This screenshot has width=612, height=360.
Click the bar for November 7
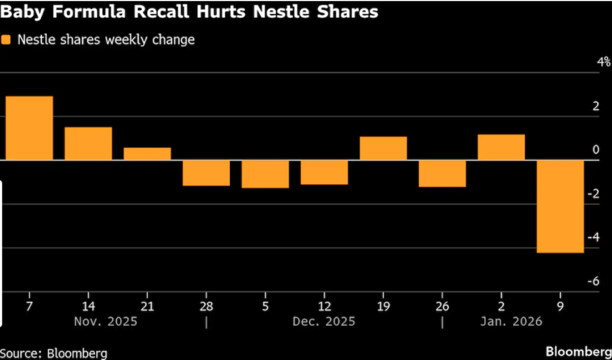tap(29, 128)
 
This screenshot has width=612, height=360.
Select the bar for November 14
tap(88, 144)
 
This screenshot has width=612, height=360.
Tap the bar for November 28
tap(206, 173)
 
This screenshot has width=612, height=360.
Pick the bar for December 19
tap(383, 148)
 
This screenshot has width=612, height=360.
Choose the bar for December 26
tap(442, 173)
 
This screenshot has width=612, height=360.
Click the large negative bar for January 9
tap(560, 206)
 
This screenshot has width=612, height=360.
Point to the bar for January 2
tap(501, 147)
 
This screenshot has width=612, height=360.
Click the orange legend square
tap(7, 40)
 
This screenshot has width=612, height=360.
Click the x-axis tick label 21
tap(147, 306)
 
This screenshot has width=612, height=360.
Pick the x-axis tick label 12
tap(324, 306)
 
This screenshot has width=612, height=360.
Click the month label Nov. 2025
tap(105, 322)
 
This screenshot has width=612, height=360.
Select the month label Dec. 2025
tap(324, 322)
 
